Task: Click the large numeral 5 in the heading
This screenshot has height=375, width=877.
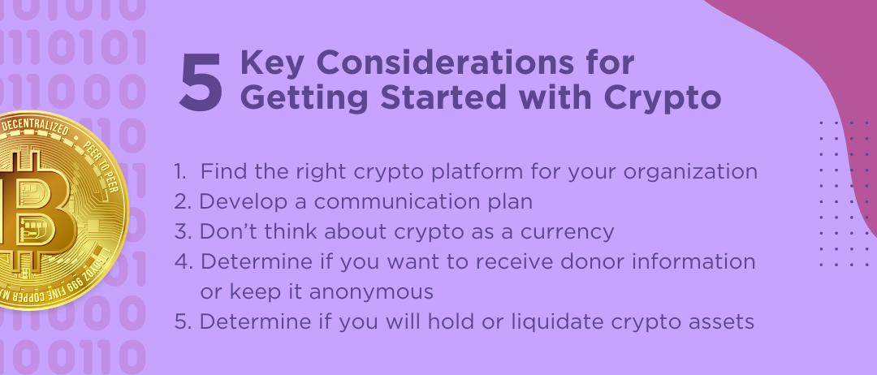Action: pos(201,82)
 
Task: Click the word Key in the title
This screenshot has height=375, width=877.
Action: pos(272,63)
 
